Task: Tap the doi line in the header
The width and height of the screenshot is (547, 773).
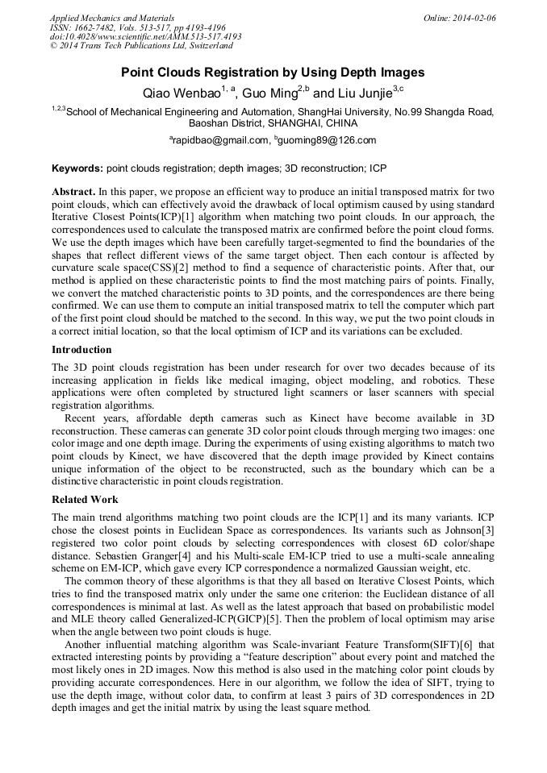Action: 145,36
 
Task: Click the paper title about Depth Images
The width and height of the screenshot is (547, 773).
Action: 273,72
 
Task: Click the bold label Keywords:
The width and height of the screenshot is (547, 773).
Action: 77,169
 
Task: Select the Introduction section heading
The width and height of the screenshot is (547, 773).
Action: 82,349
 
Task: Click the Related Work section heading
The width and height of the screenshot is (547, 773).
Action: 85,500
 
